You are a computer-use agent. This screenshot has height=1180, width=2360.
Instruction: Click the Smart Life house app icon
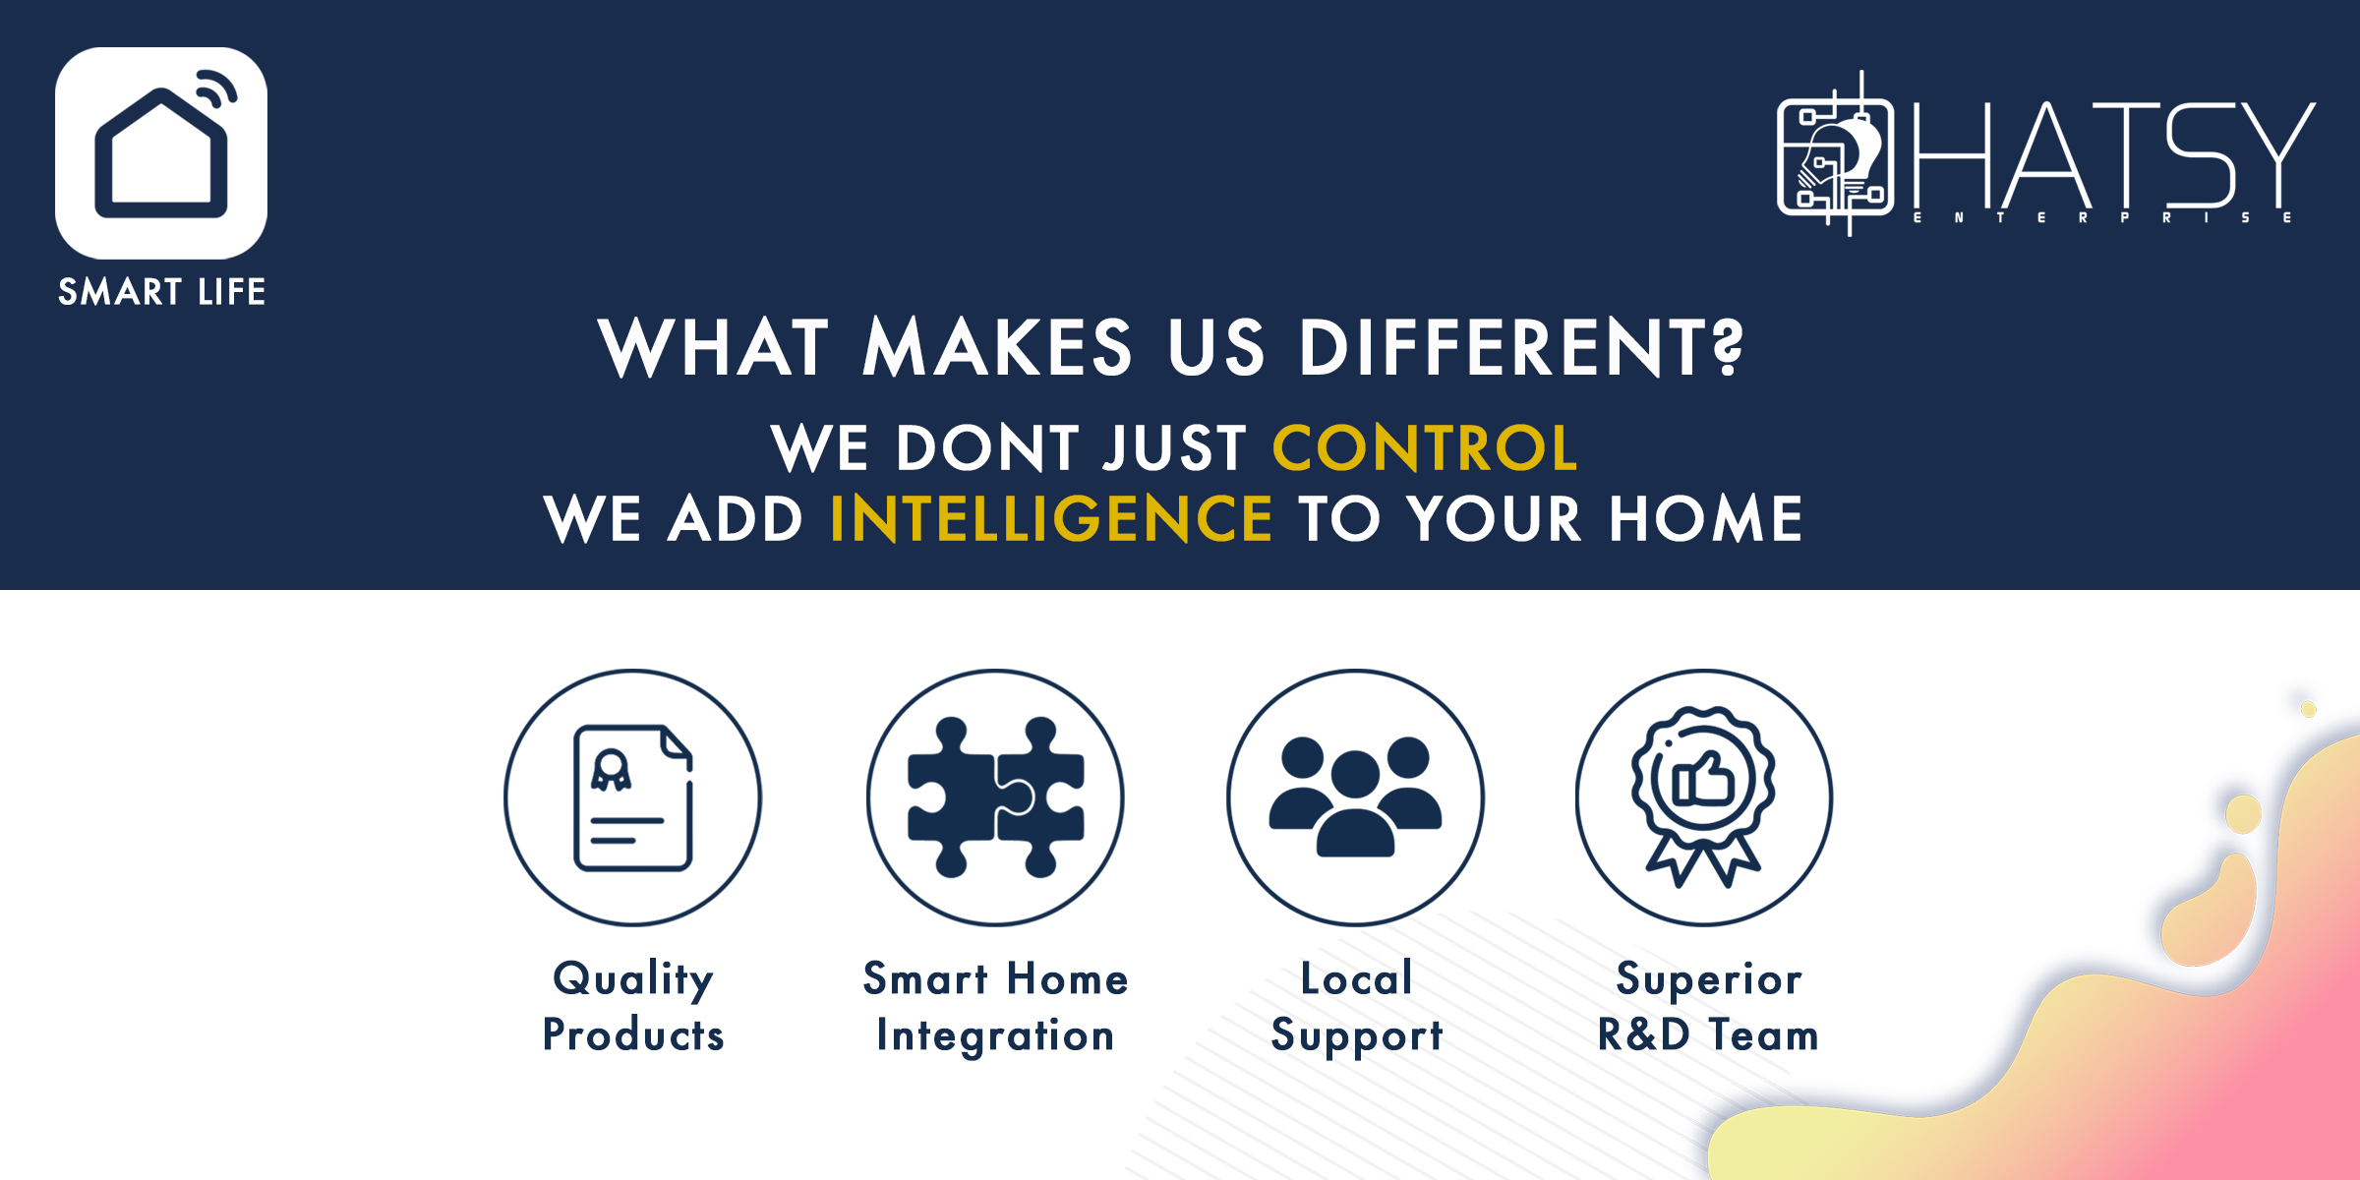click(161, 153)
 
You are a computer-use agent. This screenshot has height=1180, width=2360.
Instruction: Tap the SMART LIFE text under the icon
click(161, 292)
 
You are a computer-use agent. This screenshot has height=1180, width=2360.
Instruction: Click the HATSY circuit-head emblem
click(1835, 155)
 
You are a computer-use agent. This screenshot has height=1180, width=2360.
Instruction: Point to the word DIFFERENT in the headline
click(1520, 348)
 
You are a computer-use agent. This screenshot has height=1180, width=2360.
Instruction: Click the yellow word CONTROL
click(1425, 448)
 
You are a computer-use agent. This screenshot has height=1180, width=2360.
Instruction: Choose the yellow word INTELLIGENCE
click(1051, 519)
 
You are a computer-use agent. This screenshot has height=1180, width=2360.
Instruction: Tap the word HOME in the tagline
click(1706, 519)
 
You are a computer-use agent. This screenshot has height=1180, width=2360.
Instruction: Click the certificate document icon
click(633, 798)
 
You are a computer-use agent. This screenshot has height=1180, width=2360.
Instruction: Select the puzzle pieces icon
click(995, 798)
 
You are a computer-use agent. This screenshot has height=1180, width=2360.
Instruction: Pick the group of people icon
click(1355, 798)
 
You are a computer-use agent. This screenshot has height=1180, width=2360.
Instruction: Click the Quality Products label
click(633, 1007)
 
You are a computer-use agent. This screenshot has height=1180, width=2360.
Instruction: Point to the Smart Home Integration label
click(995, 1007)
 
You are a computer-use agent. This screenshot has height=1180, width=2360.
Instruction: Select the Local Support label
click(1356, 1007)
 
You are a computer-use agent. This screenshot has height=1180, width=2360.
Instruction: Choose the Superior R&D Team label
click(1708, 1007)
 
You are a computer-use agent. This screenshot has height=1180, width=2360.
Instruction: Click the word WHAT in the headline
click(714, 348)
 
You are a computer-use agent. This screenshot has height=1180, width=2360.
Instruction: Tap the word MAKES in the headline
click(997, 348)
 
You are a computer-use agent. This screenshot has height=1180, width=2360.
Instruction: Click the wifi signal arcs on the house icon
click(217, 89)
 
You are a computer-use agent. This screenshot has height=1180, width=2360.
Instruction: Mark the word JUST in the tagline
click(1175, 448)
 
